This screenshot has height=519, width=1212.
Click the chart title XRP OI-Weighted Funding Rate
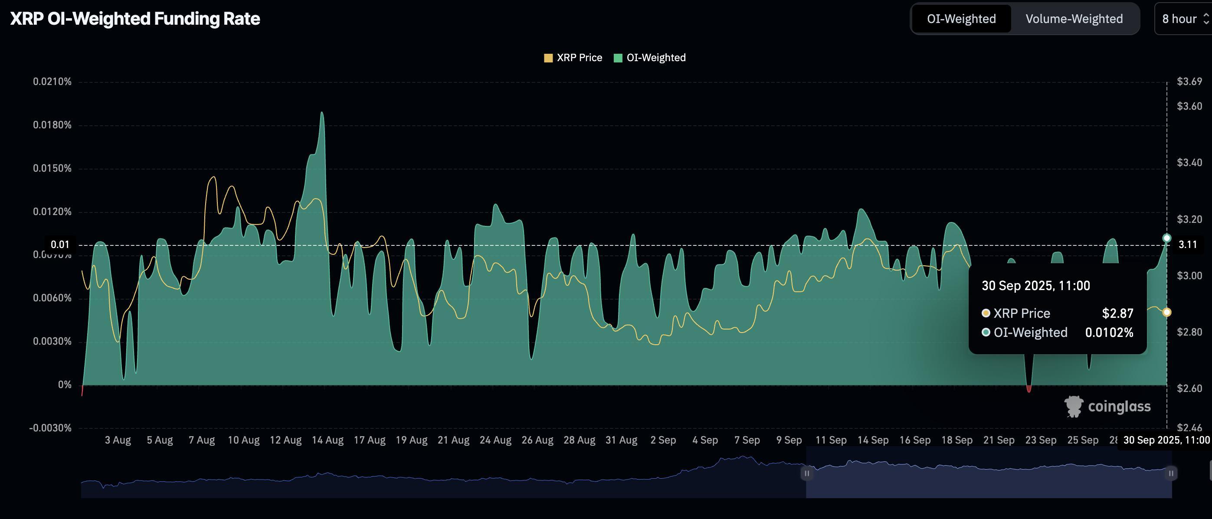[x=135, y=19]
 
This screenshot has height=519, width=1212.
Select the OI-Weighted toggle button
[x=961, y=19]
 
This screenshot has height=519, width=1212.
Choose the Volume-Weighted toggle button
[x=1074, y=19]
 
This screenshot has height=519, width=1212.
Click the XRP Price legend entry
[x=573, y=58]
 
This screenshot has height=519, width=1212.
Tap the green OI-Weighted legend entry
[x=650, y=58]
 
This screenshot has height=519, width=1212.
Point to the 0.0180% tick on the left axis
[x=52, y=125]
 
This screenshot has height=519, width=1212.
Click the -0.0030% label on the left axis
[x=50, y=428]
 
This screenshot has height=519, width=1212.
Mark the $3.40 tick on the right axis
[x=1189, y=163]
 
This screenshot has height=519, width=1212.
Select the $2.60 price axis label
[x=1189, y=388]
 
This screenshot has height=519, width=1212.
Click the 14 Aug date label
[x=328, y=441]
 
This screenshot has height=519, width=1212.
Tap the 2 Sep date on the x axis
[x=663, y=441]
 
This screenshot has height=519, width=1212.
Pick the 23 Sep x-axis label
[x=1040, y=441]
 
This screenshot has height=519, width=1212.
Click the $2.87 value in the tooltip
[x=1117, y=313]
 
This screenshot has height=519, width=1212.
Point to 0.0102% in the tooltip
[x=1109, y=333]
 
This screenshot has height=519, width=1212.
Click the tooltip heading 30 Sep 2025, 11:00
[x=1035, y=286]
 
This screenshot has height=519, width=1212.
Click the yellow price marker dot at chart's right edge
[x=1167, y=312]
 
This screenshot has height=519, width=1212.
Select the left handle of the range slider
[x=806, y=473]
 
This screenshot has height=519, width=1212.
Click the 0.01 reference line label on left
[x=60, y=245]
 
